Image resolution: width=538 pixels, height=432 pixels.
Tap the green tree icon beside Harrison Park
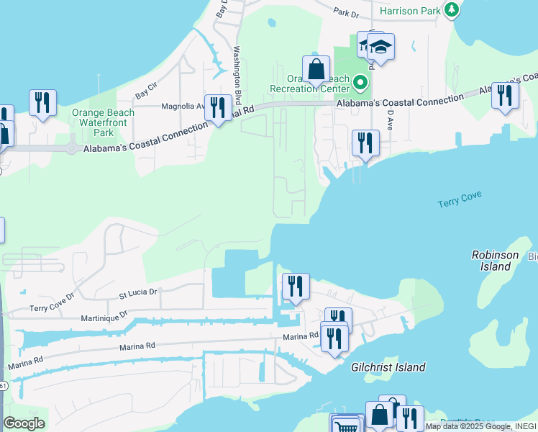click(x=452, y=9)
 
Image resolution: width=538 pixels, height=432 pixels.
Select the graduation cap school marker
click(x=380, y=48)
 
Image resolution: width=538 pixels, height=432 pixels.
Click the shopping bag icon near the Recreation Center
click(x=316, y=70)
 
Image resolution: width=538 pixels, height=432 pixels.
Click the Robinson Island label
click(x=495, y=261)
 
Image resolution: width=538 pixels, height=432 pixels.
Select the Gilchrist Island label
click(x=388, y=367)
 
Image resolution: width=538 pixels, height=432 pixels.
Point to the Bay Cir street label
click(x=146, y=95)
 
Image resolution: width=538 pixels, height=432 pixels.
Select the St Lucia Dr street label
click(x=137, y=292)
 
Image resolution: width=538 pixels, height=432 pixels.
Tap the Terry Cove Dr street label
click(x=52, y=302)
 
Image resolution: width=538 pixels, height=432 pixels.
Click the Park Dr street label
click(x=346, y=13)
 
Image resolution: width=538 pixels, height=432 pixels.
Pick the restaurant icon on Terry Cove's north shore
click(x=365, y=143)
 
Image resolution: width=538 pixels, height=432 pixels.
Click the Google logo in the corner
click(x=24, y=423)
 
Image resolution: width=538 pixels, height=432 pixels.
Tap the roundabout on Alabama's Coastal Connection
click(x=72, y=148)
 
